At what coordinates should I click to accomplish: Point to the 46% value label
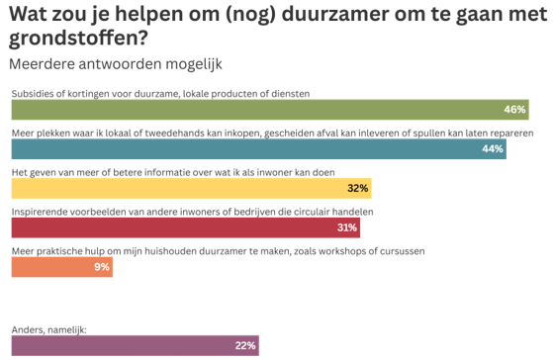[513, 109]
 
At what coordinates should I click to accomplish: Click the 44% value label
[493, 148]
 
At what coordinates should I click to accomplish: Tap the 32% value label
[358, 188]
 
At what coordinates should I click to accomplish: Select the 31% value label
[346, 227]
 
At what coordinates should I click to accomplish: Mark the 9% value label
[102, 267]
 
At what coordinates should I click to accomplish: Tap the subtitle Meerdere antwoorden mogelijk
[115, 63]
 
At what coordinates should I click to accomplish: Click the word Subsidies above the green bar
[32, 93]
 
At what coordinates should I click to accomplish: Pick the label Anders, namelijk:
[48, 329]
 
